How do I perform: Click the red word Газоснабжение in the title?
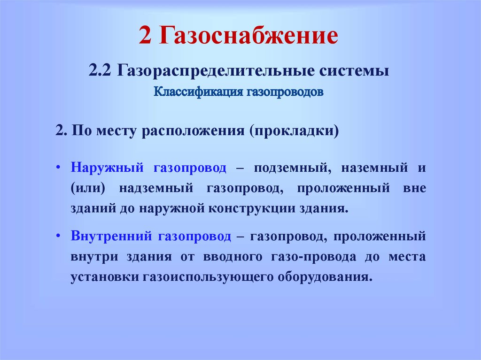[x=248, y=36]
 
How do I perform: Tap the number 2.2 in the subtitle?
[x=100, y=70]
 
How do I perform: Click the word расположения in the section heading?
[x=193, y=131]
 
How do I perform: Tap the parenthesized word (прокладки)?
[x=294, y=131]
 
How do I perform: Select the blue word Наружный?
[x=107, y=168]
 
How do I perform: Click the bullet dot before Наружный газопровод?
[x=58, y=168]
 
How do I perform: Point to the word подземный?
[x=292, y=168]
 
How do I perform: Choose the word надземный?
[x=156, y=188]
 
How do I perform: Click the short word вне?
[x=414, y=188]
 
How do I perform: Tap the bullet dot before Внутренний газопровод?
[x=58, y=236]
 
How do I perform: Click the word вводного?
[x=233, y=257]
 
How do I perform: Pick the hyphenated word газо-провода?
[x=313, y=257]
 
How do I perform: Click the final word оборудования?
[x=325, y=277]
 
